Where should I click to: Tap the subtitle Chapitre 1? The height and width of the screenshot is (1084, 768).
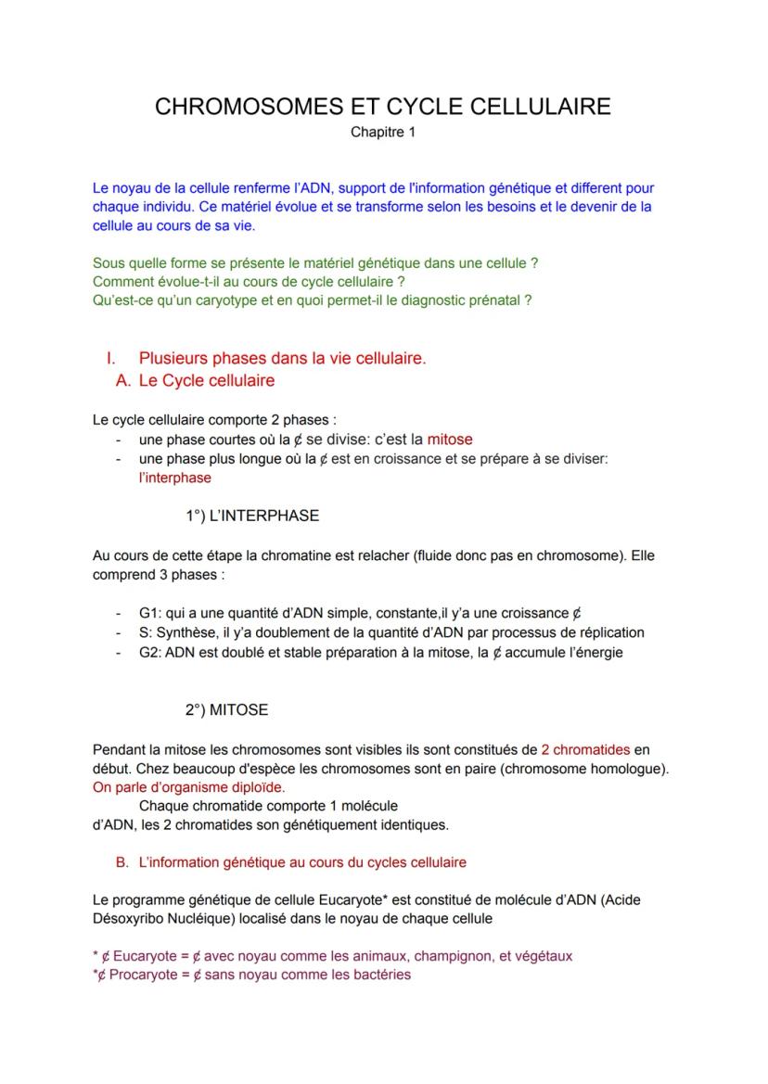point(383,133)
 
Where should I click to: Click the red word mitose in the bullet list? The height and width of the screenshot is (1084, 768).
point(449,440)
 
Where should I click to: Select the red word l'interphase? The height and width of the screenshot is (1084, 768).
point(174,478)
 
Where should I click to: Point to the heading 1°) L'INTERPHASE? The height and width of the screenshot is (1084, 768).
point(252,516)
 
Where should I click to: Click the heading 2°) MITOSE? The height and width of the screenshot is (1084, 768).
point(226,709)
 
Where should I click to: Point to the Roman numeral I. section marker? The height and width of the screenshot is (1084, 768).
point(111,358)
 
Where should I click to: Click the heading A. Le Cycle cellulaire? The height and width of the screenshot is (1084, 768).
point(195,380)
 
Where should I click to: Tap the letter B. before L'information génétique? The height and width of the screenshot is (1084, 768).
point(122,862)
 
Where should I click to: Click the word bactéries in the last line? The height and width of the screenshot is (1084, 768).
point(381,975)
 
